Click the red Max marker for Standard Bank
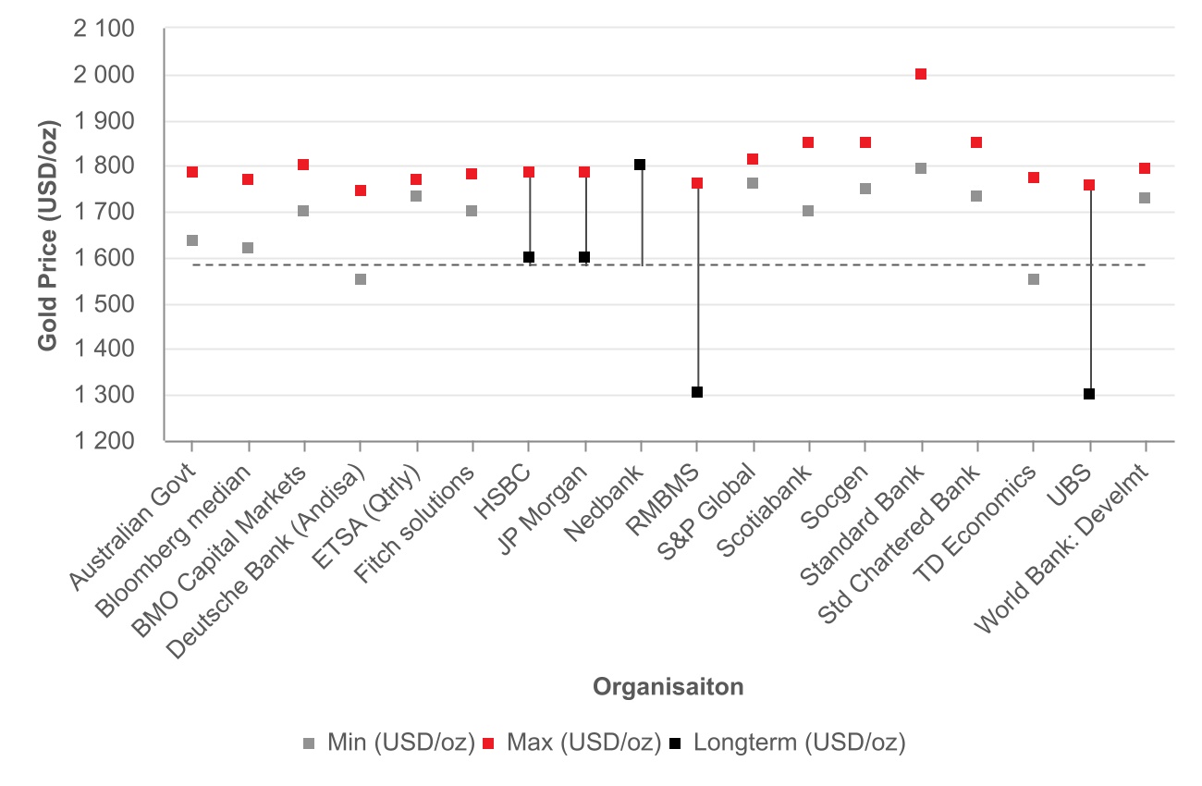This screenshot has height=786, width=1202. pyautogui.click(x=921, y=74)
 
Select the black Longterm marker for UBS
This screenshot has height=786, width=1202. pyautogui.click(x=1089, y=394)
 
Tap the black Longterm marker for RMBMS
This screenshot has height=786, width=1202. pyautogui.click(x=697, y=392)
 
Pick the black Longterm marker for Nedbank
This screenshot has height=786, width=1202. pyautogui.click(x=640, y=165)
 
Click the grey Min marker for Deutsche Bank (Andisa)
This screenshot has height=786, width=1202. pyautogui.click(x=361, y=279)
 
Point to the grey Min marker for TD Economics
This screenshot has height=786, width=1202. pyautogui.click(x=1034, y=279)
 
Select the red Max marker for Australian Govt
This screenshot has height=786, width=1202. pyautogui.click(x=192, y=172)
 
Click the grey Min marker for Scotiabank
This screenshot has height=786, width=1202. pyautogui.click(x=808, y=211)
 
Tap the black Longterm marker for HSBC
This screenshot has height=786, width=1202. pyautogui.click(x=529, y=257)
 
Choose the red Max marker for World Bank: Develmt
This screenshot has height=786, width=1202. pyautogui.click(x=1145, y=168)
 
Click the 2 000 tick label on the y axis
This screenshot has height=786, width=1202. pyautogui.click(x=103, y=75)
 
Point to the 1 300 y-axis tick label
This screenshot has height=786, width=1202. pyautogui.click(x=103, y=396)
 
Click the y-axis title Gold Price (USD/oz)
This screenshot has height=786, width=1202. pyautogui.click(x=48, y=235)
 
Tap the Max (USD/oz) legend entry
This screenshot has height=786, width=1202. pyautogui.click(x=575, y=742)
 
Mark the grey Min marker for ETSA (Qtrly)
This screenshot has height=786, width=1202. pyautogui.click(x=416, y=196)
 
